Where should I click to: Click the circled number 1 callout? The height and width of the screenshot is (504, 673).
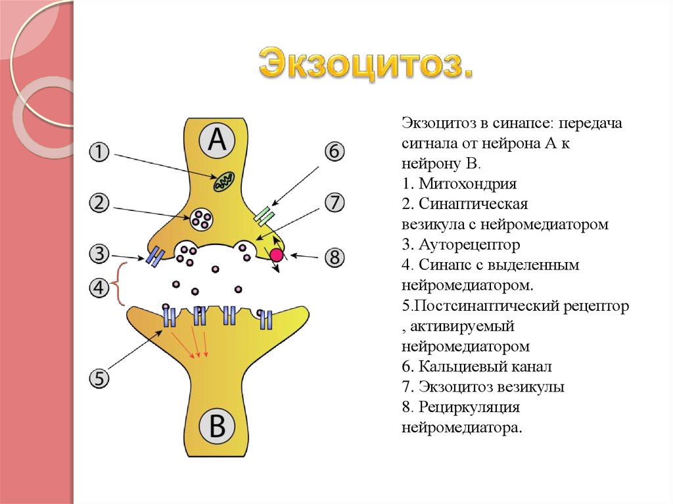[x=99, y=152]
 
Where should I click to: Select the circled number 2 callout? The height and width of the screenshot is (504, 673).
[x=99, y=204]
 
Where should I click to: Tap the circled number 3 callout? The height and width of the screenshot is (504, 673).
[x=99, y=252]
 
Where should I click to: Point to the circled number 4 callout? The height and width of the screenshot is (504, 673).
[x=99, y=288]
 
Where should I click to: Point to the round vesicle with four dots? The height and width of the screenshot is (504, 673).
[x=201, y=219]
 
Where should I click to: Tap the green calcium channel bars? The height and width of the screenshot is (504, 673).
[x=264, y=216]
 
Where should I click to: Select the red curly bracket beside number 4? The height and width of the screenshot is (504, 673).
[x=121, y=284]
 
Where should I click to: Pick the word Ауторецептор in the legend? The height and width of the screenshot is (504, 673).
[x=468, y=245]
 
